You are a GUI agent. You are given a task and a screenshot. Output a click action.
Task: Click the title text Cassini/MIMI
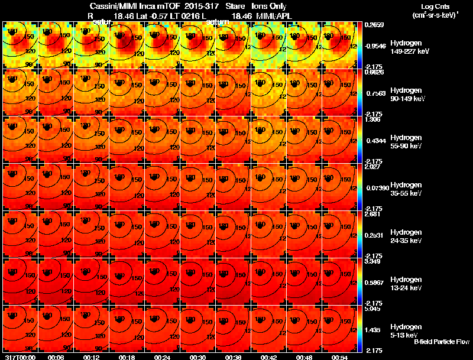click(119, 6)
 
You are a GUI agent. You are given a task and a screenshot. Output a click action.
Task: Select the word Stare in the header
click(235, 6)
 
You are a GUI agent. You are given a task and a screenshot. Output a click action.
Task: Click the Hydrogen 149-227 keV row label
click(410, 47)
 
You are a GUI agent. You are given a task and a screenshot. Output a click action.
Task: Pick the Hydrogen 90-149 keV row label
click(410, 95)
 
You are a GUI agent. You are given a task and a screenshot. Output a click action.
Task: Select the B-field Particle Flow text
click(441, 342)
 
